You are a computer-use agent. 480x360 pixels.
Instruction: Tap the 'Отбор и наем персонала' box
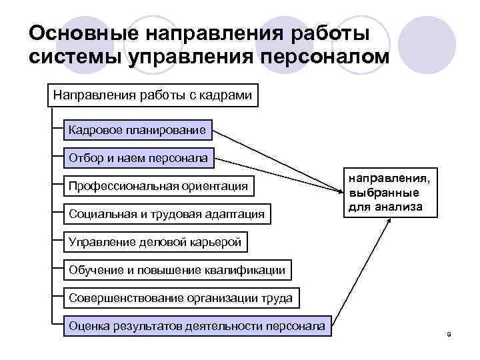click(138, 159)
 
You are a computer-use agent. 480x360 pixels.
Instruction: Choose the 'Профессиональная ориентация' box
click(158, 186)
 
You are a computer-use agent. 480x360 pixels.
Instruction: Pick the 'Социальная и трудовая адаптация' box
click(167, 214)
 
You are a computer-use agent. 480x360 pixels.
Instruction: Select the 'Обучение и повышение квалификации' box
click(177, 270)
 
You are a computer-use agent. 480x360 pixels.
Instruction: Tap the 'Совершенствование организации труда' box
click(180, 298)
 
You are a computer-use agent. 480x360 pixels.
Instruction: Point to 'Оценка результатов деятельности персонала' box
click(197, 327)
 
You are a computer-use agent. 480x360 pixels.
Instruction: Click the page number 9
click(449, 333)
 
